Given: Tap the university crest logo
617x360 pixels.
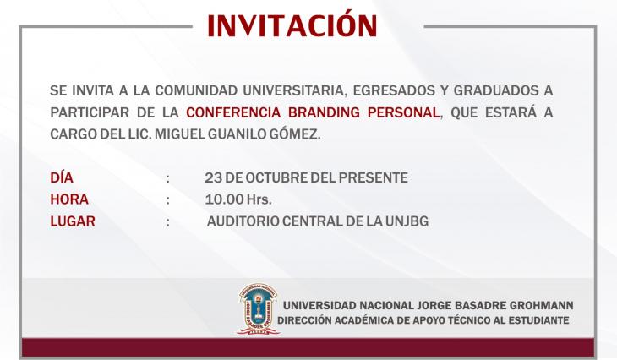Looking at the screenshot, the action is [258, 309].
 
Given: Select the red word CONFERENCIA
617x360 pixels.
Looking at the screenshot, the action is [233, 112].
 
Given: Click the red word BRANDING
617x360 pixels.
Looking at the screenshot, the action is [324, 112].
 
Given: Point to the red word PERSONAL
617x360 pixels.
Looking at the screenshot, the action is [403, 112].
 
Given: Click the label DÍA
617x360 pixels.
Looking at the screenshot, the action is [62, 177].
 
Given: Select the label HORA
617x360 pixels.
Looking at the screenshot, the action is [69, 199].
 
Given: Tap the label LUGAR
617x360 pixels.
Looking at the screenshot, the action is [73, 221].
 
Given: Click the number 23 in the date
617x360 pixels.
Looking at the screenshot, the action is [213, 177].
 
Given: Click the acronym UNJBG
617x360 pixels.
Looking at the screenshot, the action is [407, 221].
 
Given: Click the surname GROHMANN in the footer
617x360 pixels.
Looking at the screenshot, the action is [541, 305].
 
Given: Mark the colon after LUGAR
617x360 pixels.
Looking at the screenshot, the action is [168, 222].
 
